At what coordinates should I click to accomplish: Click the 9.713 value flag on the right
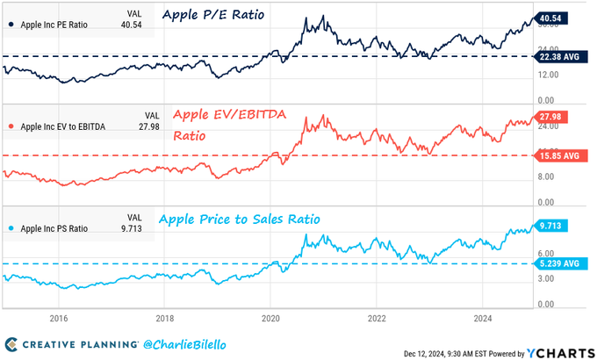coord(554,225)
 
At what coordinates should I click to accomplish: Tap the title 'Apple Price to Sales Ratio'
coord(239,219)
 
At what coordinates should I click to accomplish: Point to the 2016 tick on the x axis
coord(59,320)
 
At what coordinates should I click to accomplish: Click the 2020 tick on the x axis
coord(270,320)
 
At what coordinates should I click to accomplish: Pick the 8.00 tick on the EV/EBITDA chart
coord(549,176)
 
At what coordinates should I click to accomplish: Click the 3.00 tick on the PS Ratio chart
coord(549,278)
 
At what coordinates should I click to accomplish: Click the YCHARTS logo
coord(558,352)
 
